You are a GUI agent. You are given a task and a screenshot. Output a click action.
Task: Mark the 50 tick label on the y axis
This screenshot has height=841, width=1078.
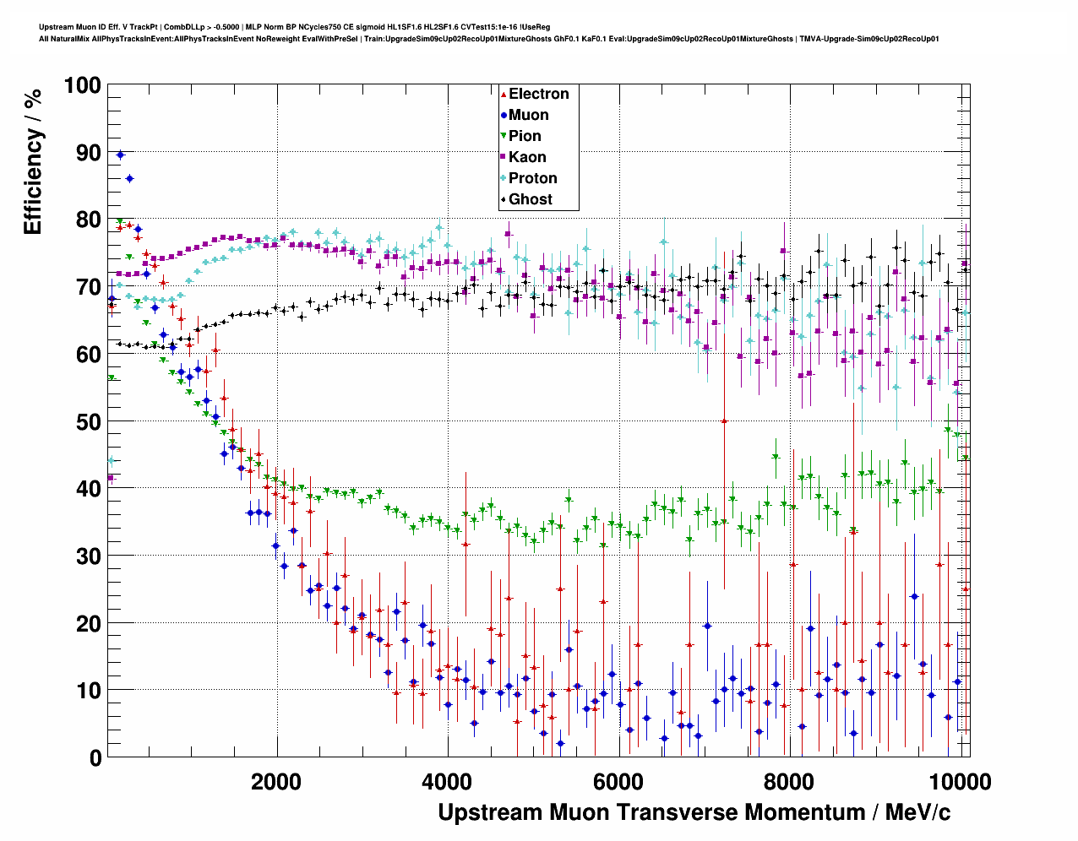coord(87,421)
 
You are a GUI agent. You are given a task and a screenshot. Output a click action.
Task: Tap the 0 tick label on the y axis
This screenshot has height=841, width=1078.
coord(95,758)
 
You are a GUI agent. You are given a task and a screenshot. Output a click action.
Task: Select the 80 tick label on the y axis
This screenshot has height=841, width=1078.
coord(87,220)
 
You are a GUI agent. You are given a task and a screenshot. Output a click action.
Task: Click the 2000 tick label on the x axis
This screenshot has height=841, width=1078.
coord(276,781)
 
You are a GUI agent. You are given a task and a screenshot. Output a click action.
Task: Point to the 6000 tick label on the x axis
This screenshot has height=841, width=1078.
coord(618,781)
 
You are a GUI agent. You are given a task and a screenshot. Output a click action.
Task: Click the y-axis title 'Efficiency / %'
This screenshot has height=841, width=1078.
coord(33,161)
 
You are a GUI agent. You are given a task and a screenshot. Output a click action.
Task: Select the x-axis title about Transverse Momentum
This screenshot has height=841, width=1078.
coord(694,812)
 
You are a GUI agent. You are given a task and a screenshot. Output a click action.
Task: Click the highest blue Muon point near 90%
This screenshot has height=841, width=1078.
coord(120,155)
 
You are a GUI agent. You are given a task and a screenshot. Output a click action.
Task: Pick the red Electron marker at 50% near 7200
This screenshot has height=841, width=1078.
coord(724,420)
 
